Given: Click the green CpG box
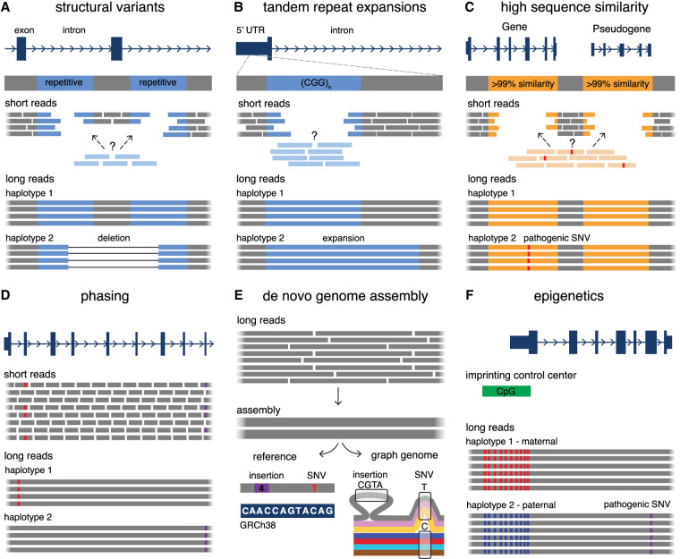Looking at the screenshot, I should [506, 391].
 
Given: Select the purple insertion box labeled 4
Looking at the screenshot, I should [258, 487].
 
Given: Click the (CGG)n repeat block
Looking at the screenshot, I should [312, 83].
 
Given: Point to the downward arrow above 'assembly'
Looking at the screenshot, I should [336, 394].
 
